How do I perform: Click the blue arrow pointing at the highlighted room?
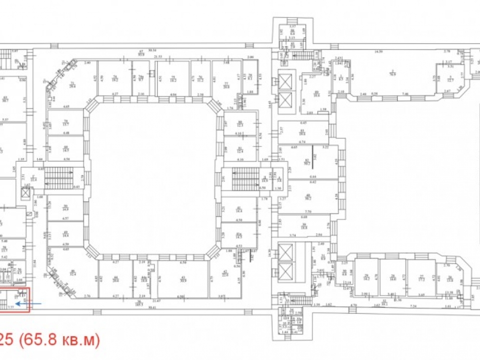coord(21,303)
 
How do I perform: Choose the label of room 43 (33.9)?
coord(183,279)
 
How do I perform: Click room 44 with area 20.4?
coord(116,280)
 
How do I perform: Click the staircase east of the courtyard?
coord(245,179)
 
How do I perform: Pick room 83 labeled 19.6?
coord(302,133)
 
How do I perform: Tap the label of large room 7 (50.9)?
coord(392,72)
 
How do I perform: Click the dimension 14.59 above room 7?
coord(380,51)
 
